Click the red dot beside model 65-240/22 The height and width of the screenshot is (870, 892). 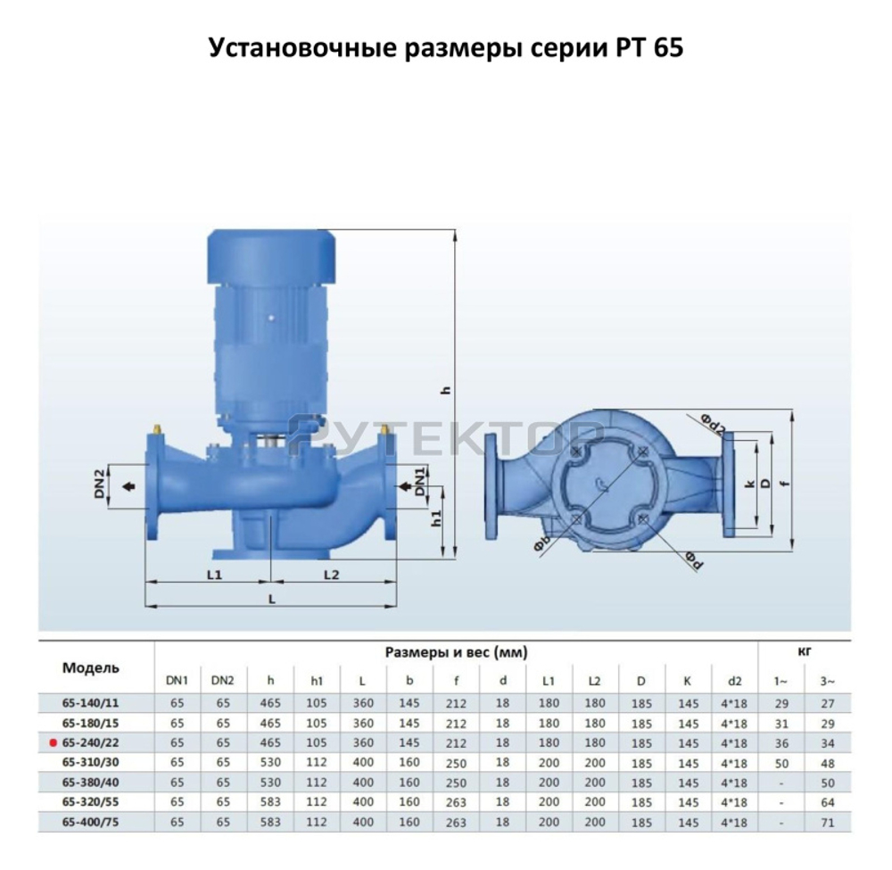pos(54,742)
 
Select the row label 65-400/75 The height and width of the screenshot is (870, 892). pos(92,821)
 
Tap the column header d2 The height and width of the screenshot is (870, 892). pos(734,681)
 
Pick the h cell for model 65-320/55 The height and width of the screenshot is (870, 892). pos(270,801)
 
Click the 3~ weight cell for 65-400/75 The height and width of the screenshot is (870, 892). pos(827,822)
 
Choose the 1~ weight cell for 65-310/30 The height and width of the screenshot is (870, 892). pos(780,762)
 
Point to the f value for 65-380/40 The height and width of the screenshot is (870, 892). pos(456,782)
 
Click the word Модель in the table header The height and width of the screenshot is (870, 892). pos(91,667)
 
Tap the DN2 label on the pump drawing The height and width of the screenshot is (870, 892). pos(102,486)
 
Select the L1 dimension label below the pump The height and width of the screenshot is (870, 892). pos(213,575)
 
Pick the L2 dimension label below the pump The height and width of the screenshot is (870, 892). pos(331,575)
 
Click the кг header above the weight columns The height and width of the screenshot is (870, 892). pos(804,651)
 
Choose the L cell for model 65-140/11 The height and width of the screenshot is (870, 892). pos(363,702)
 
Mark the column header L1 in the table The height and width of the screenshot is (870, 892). pos(549,681)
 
